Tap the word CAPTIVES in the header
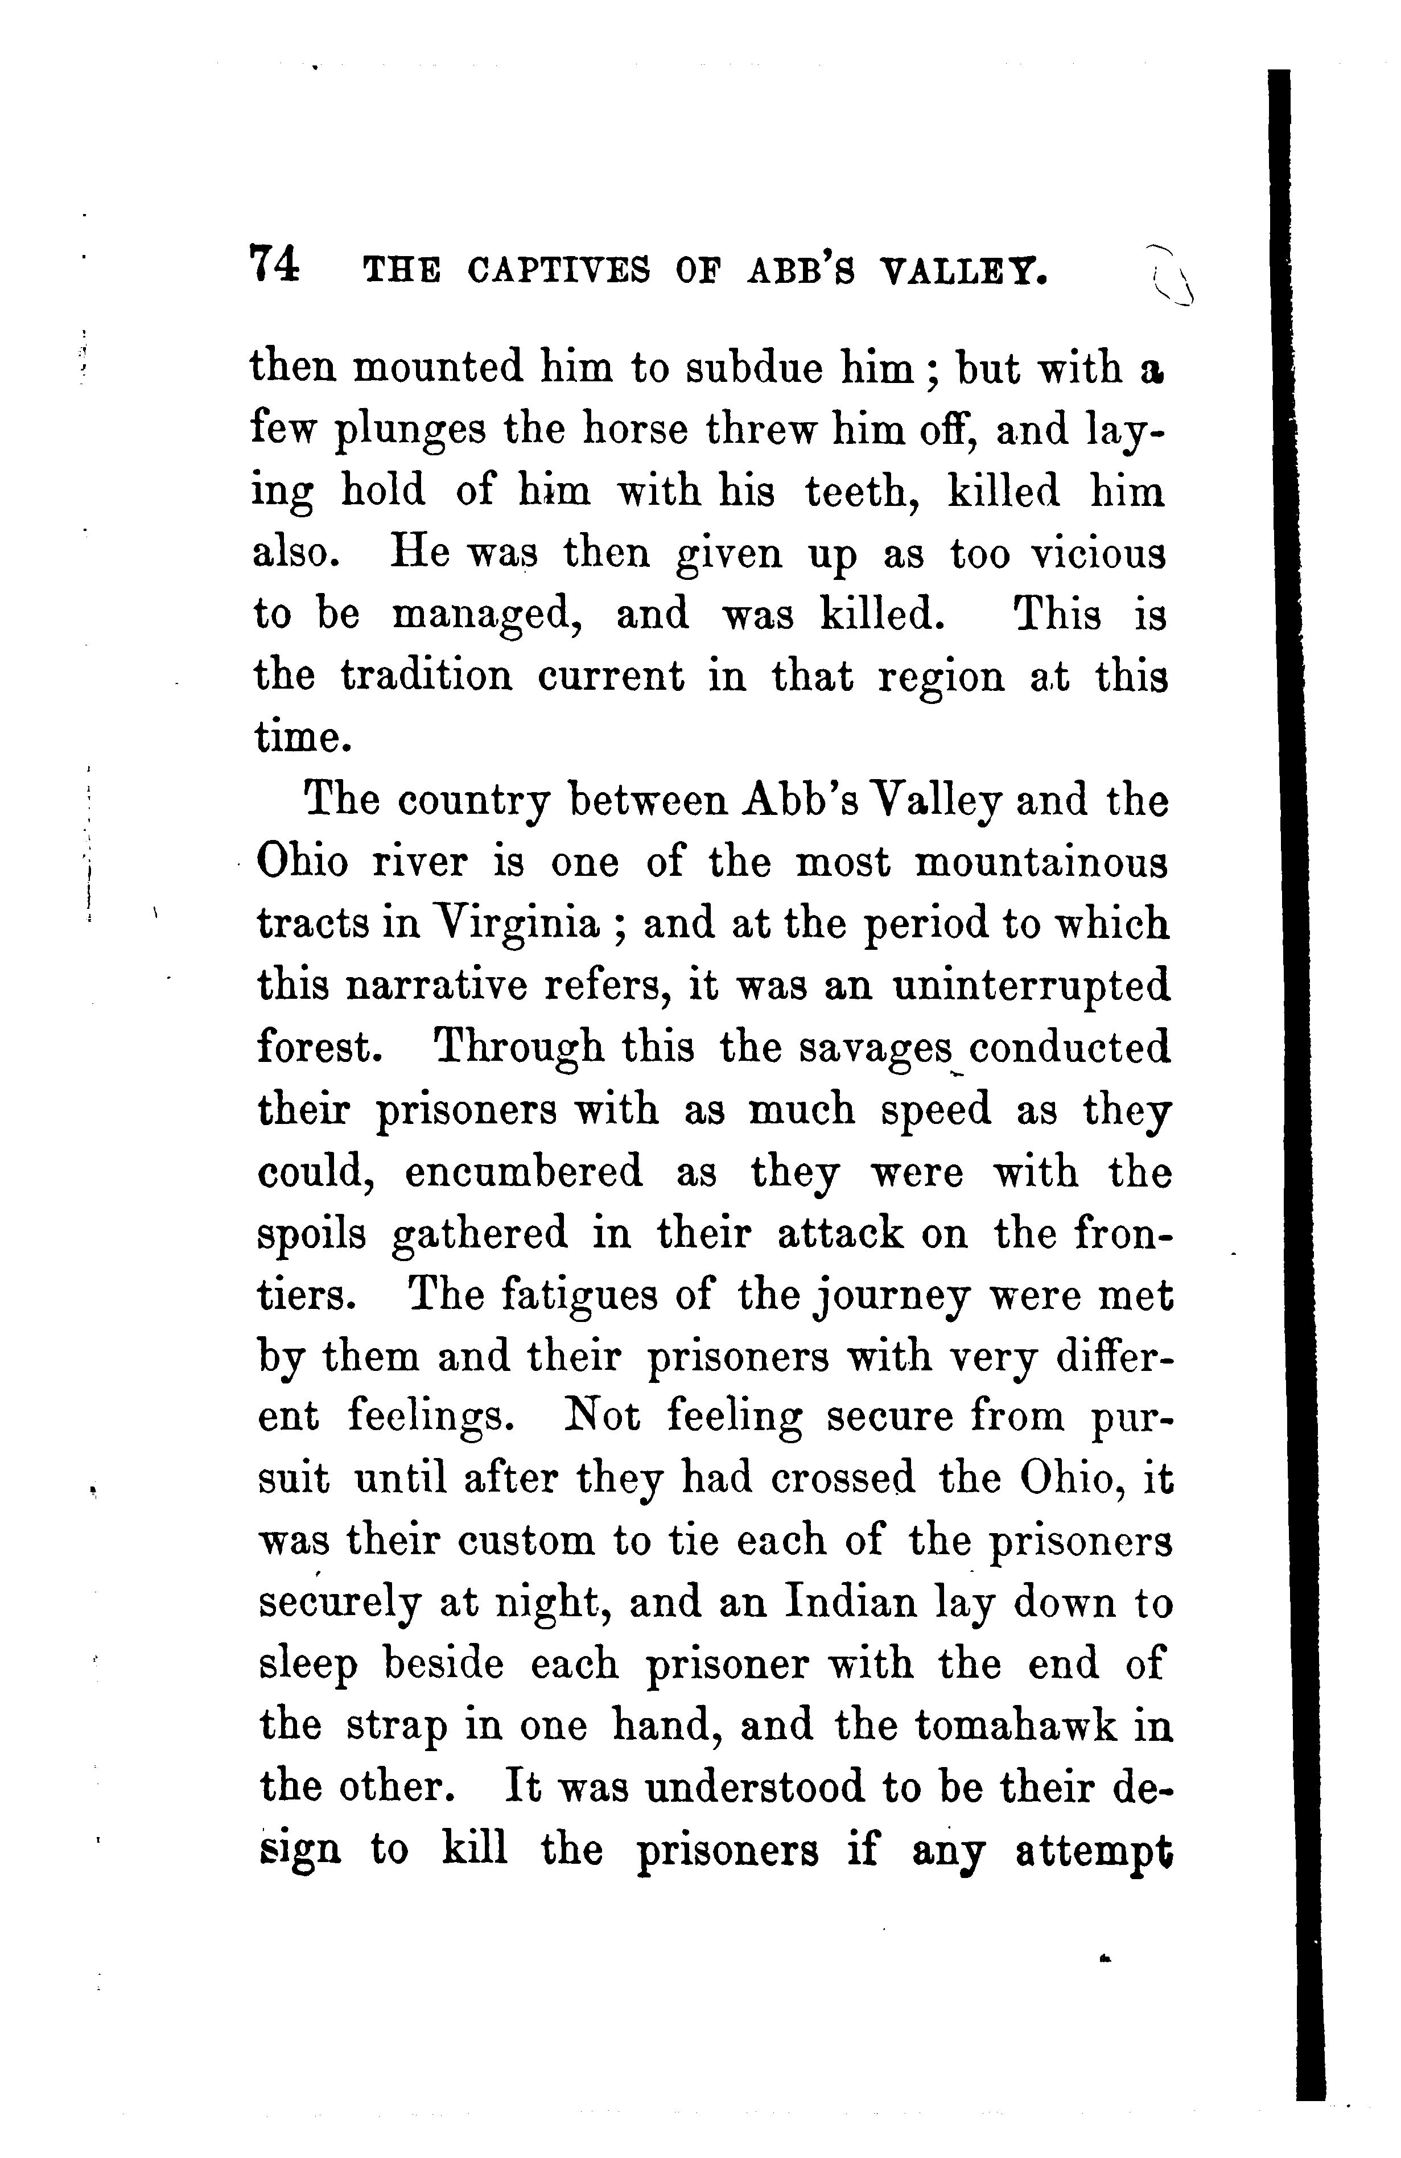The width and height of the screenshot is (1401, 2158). pos(558,270)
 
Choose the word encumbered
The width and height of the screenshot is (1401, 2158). pos(523,1172)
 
